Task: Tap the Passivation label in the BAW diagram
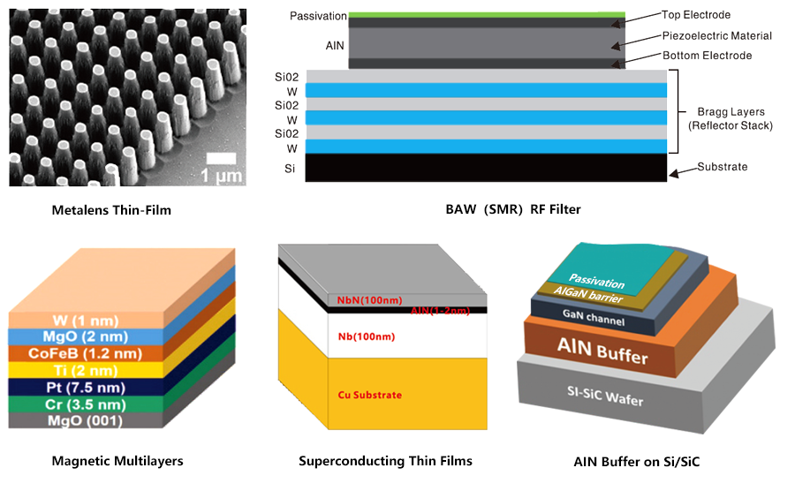click(x=317, y=17)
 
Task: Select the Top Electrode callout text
click(x=696, y=15)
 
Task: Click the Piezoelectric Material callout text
click(x=716, y=36)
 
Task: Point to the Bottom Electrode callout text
click(x=707, y=56)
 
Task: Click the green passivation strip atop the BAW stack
click(x=487, y=15)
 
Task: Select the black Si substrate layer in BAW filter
click(x=486, y=167)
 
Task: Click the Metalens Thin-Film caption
click(x=110, y=209)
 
